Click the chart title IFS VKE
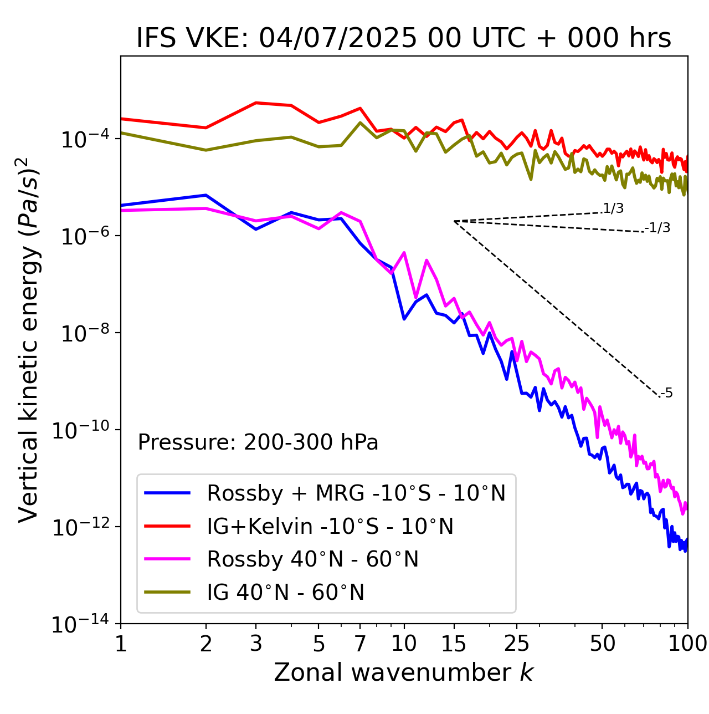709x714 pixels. (404, 38)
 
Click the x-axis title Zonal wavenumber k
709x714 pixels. (404, 672)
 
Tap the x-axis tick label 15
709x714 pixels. (454, 644)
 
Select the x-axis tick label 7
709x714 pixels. (360, 644)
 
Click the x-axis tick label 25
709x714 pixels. (516, 644)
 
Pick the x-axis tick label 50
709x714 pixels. (602, 644)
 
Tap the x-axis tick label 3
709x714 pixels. (256, 644)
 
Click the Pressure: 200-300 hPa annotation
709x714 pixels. (258, 442)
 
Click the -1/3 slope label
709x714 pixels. (658, 228)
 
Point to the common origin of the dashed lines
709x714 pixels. (454, 221)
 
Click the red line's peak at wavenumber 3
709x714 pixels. (256, 103)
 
